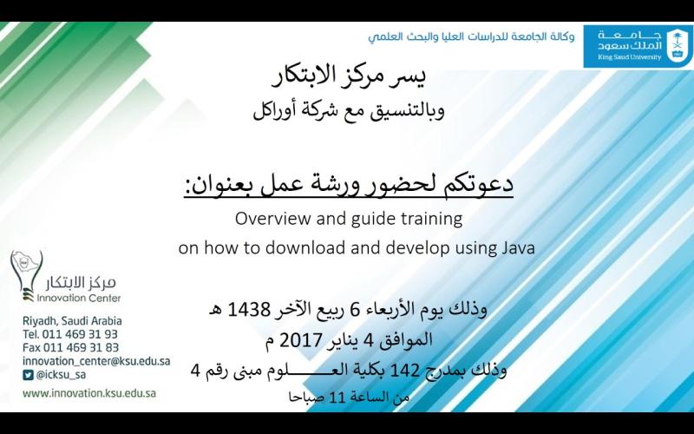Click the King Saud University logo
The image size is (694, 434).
click(638, 46)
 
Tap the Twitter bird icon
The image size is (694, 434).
click(28, 375)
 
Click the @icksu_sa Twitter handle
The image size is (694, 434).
click(61, 375)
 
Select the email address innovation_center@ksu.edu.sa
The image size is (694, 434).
click(96, 361)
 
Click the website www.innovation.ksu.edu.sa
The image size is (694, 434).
click(89, 393)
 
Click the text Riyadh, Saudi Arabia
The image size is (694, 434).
click(72, 321)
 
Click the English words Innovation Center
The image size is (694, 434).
click(79, 298)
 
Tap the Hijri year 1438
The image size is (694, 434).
click(248, 310)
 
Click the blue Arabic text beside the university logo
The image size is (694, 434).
click(471, 36)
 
